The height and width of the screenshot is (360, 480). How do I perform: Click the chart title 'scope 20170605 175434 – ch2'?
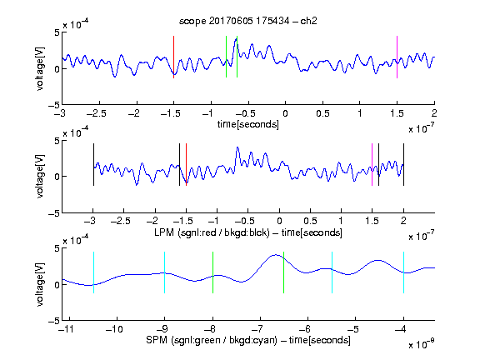tap(248, 21)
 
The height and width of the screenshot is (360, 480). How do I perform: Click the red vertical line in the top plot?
tap(174, 57)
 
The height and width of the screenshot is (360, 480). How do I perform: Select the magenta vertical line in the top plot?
tap(397, 57)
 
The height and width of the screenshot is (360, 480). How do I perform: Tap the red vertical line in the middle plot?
tap(186, 164)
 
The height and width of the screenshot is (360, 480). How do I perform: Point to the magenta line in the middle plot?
tap(372, 164)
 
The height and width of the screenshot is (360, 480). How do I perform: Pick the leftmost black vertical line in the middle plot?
tap(93, 164)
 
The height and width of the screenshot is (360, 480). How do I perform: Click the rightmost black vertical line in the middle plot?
tap(403, 164)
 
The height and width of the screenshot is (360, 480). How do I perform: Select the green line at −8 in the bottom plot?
tap(212, 272)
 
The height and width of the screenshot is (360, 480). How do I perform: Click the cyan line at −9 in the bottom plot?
tap(165, 272)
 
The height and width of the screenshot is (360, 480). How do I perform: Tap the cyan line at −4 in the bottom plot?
tap(403, 272)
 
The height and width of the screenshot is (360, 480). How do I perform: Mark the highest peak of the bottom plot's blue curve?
tap(276, 255)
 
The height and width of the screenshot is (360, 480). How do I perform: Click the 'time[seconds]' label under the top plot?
tap(248, 124)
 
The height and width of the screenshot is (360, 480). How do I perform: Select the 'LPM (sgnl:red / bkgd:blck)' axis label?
tap(212, 232)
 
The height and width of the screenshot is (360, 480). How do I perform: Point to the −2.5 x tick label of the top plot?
tap(96, 113)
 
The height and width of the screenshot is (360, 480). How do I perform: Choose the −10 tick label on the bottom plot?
tap(114, 329)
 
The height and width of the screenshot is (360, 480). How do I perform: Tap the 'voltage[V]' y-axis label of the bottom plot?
tap(40, 284)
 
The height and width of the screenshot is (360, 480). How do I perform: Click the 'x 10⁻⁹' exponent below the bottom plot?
tap(422, 344)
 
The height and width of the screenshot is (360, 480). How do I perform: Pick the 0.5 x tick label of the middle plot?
tap(310, 221)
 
